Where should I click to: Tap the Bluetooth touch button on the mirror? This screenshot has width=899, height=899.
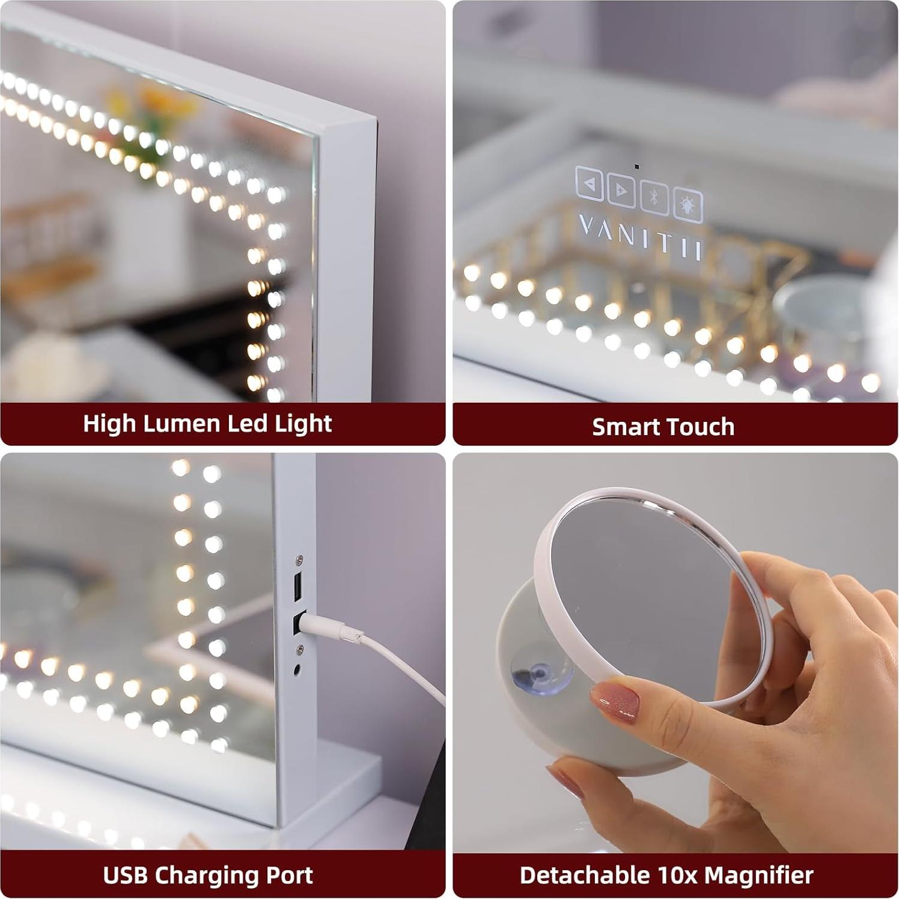pos(654,197)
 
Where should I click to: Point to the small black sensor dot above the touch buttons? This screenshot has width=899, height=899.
pos(637,166)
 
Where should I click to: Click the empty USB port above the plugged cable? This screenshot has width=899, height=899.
pos(297,587)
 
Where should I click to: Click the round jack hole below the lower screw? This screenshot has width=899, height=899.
pos(297,668)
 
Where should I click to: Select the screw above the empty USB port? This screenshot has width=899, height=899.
pos(299,560)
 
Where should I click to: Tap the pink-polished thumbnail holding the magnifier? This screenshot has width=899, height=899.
pos(614,699)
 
